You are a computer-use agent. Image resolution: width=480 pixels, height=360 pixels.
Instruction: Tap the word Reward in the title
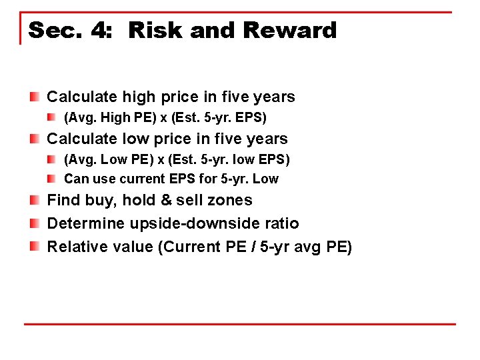(290, 31)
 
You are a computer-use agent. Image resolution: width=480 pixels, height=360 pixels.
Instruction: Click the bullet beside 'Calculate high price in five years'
(35, 97)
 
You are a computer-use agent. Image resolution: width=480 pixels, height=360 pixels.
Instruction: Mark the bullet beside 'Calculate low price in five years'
(35, 139)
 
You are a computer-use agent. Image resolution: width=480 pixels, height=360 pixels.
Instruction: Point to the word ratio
(281, 223)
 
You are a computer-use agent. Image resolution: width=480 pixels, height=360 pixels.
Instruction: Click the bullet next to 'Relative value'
(35, 247)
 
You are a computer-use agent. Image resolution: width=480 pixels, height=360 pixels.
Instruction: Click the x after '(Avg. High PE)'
(163, 118)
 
